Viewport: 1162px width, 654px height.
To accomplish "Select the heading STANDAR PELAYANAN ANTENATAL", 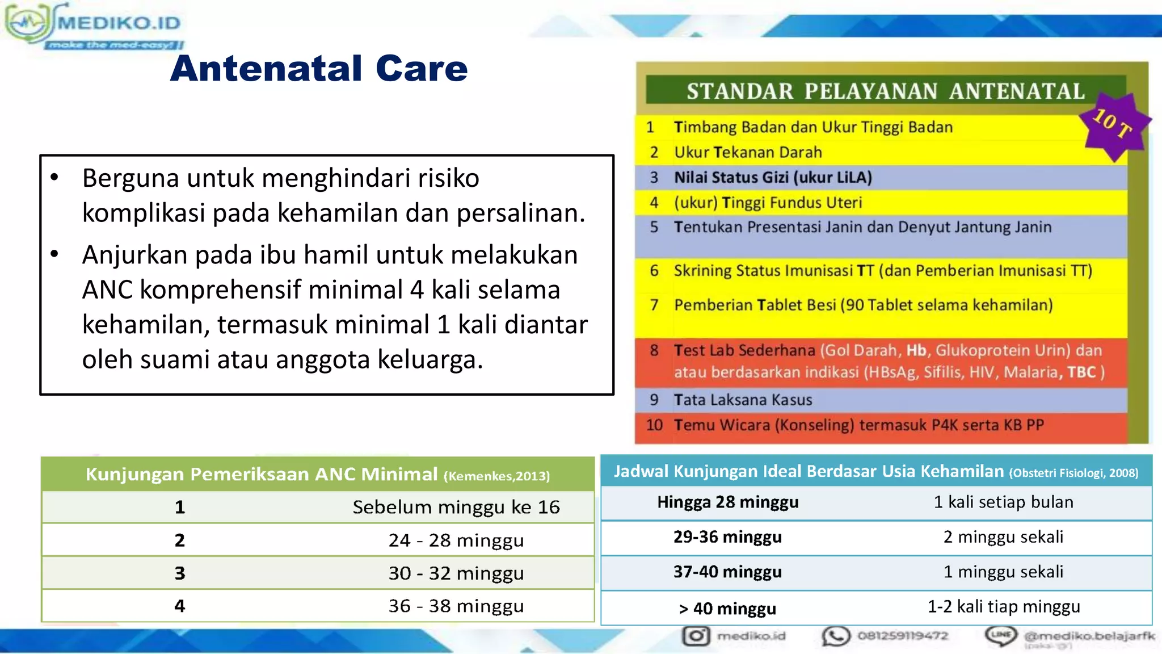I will point(885,91).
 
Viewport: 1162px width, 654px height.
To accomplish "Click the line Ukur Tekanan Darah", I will point(747,152).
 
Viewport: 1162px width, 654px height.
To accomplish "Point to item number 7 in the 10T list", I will point(654,305).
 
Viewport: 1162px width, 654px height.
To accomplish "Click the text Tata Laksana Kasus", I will point(743,400).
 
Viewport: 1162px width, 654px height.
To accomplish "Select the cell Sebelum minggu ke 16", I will point(456,506).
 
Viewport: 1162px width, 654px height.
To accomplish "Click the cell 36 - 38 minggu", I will point(456,606).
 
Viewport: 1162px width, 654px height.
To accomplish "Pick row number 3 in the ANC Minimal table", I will point(179,573).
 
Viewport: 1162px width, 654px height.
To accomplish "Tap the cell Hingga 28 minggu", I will point(727,502).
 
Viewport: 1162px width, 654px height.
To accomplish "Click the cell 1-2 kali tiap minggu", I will point(1003,606).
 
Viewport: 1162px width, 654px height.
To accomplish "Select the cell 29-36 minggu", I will point(727,536).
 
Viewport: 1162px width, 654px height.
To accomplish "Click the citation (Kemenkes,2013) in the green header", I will point(496,476).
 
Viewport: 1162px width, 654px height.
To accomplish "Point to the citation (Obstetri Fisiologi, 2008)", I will point(1073,473).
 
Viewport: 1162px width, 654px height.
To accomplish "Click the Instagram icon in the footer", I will point(696,635).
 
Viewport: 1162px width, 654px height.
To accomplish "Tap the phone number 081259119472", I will point(902,635).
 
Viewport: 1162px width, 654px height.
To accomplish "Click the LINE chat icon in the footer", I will point(1001,635).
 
